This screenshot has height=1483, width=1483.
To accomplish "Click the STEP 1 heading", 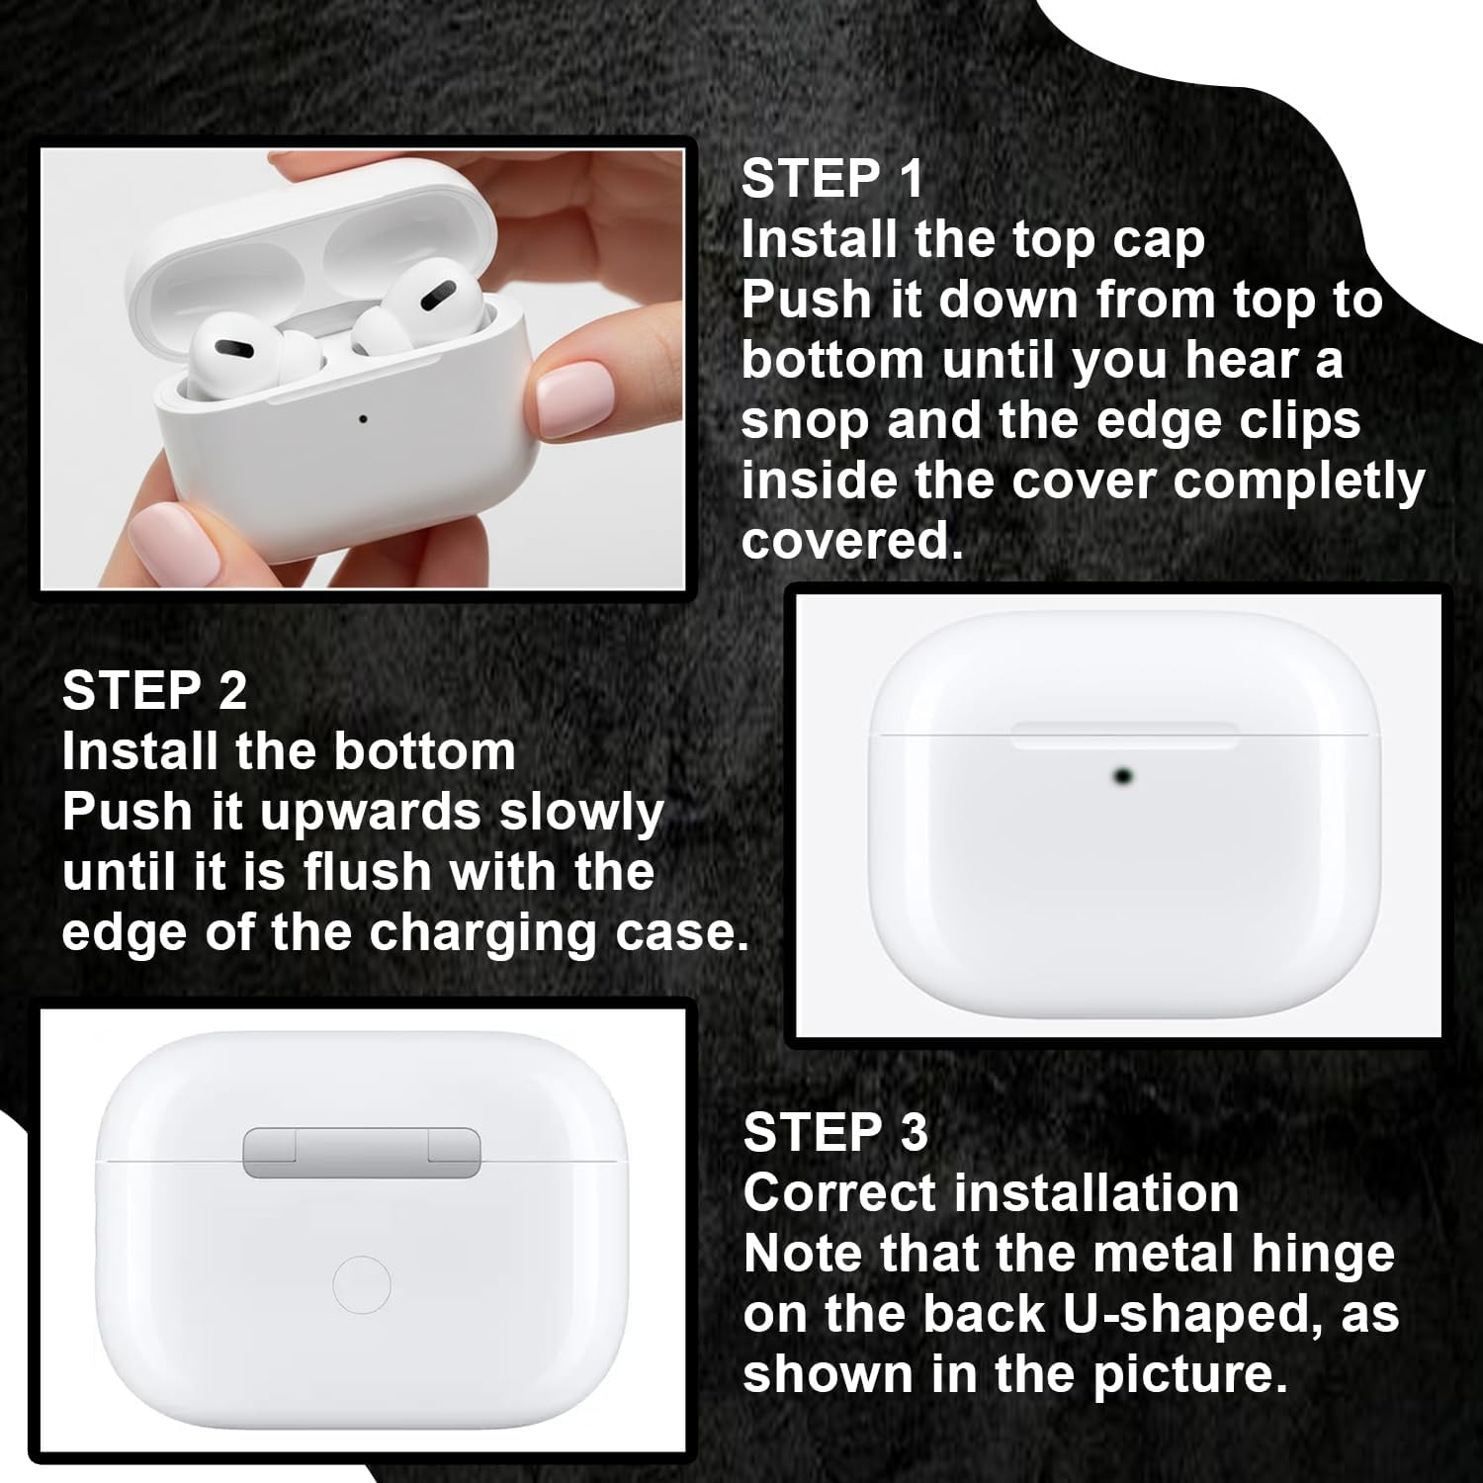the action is pos(832,179).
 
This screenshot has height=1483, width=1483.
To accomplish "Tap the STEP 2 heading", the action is pos(154,690).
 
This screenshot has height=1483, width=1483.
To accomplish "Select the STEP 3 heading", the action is pos(835,1132).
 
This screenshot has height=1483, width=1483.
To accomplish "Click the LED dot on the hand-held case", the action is pos(363,419).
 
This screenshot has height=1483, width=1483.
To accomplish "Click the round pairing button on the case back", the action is pos(362,1285).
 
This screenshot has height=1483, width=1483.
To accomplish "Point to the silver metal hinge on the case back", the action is pos(362,1153).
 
